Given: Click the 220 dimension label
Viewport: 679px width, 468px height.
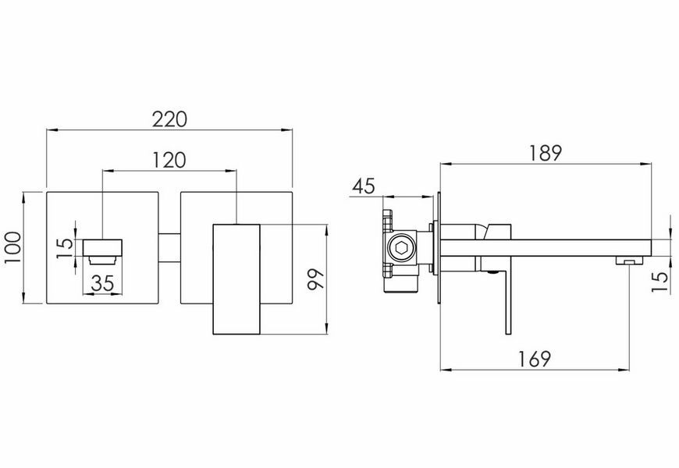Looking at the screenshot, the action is (x=169, y=120).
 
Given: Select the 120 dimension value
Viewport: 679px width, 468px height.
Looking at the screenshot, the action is (x=169, y=160).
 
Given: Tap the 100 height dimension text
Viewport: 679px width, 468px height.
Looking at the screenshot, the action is (x=13, y=247).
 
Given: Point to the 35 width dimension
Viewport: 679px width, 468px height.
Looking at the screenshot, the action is (x=102, y=283).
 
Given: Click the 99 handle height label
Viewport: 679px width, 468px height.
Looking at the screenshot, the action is (x=315, y=279).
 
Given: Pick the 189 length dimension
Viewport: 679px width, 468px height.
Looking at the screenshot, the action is (x=546, y=153).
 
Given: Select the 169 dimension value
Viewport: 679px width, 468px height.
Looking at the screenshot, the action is (x=535, y=359).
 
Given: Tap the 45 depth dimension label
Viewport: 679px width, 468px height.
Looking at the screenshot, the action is (x=364, y=186).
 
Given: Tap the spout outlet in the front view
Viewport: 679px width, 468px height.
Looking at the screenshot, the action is (x=102, y=247).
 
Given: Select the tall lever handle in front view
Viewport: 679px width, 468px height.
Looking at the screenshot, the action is (x=236, y=279).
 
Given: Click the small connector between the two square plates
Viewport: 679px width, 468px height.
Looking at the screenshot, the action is (x=169, y=247).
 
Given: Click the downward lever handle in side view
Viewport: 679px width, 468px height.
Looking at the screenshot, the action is (x=508, y=302).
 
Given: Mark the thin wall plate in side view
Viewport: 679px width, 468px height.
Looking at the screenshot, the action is (x=439, y=247).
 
